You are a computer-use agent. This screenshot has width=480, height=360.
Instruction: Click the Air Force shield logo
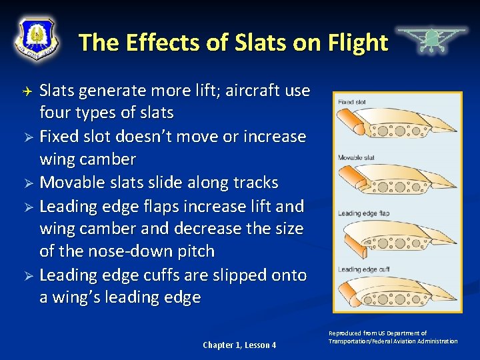(x=37, y=38)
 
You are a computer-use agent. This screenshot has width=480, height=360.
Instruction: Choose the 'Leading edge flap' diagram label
(x=363, y=213)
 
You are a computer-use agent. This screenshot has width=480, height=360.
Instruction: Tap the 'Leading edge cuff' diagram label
(x=363, y=269)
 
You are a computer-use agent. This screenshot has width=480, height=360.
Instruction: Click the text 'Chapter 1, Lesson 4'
(x=239, y=345)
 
